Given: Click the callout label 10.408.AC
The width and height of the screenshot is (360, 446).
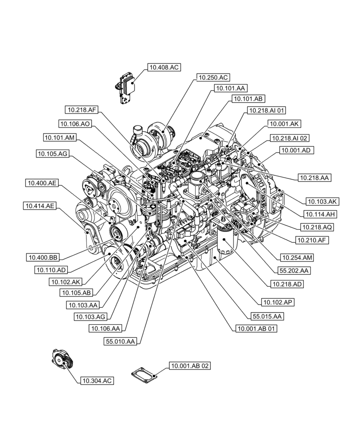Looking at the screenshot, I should [164, 68].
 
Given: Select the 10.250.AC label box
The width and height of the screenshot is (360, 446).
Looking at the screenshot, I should [213, 78].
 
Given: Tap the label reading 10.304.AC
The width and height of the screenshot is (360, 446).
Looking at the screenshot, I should [96, 380].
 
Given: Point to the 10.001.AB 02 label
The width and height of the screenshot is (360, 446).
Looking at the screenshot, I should [189, 366].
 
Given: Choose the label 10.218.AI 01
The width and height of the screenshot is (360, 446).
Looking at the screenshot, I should [267, 111].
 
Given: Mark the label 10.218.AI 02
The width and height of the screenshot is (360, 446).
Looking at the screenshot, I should [290, 139].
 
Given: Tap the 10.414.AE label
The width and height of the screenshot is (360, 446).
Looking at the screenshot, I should [40, 206].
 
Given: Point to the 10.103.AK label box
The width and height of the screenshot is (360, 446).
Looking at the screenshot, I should [321, 201].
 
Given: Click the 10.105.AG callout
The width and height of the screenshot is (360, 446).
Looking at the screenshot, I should [52, 154].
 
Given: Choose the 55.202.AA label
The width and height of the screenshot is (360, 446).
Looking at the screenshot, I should [295, 270].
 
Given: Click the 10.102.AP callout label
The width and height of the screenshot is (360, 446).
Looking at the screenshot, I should [279, 302].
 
